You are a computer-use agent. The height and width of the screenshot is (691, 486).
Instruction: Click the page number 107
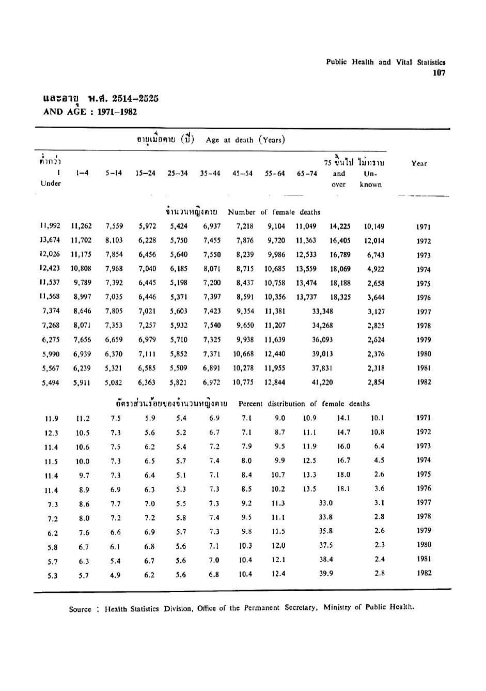click(x=439, y=73)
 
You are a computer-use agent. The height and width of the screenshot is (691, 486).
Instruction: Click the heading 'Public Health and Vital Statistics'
click(x=385, y=62)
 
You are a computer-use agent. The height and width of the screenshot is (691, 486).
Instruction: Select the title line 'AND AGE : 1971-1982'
click(x=90, y=111)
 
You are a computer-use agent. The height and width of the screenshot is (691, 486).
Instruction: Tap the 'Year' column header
click(x=419, y=163)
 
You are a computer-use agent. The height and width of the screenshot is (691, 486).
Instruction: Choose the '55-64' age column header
click(x=275, y=174)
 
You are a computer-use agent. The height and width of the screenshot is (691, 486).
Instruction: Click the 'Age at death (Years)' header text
click(x=245, y=140)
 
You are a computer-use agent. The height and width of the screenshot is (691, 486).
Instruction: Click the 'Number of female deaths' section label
click(x=274, y=212)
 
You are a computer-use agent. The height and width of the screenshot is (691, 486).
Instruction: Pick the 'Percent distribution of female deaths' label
click(x=304, y=404)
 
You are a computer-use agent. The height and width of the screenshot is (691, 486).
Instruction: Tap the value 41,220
click(x=323, y=382)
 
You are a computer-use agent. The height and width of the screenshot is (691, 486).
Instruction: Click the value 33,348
click(x=323, y=312)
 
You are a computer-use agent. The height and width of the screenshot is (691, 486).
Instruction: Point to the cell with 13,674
click(x=50, y=240)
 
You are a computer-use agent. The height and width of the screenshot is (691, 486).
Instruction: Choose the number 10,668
click(x=243, y=354)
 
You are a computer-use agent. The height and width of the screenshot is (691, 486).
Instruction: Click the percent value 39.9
click(x=326, y=573)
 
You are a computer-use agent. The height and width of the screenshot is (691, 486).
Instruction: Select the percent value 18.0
click(x=343, y=474)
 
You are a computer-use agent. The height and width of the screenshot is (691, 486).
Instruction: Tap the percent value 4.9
click(x=116, y=573)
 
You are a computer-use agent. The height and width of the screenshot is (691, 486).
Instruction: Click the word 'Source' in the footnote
click(x=80, y=609)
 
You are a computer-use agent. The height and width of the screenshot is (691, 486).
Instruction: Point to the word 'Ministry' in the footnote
click(x=338, y=607)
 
